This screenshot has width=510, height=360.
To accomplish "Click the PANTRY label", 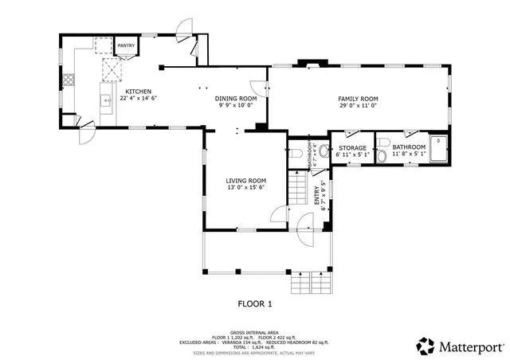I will coord(127,47).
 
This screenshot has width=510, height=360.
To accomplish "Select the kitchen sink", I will coord(105,100).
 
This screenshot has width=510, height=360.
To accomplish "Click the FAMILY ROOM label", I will coord(357,98).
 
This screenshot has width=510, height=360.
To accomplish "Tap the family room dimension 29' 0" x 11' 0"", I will coord(357,105).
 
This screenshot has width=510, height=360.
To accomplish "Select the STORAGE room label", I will coord(353,147).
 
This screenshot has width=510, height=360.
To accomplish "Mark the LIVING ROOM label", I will coord(246,181).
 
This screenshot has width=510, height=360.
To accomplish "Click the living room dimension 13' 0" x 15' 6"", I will coord(246,188).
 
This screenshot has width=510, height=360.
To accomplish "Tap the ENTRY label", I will coord(316,192).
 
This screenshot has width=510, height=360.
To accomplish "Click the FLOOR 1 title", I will coord(255,303).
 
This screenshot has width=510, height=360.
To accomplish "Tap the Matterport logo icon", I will coord(426,346).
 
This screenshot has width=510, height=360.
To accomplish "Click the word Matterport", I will coord(471,346).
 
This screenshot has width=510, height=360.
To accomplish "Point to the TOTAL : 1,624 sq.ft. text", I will coord(255,346).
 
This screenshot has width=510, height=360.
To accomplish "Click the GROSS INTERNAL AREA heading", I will coord(255,333).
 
